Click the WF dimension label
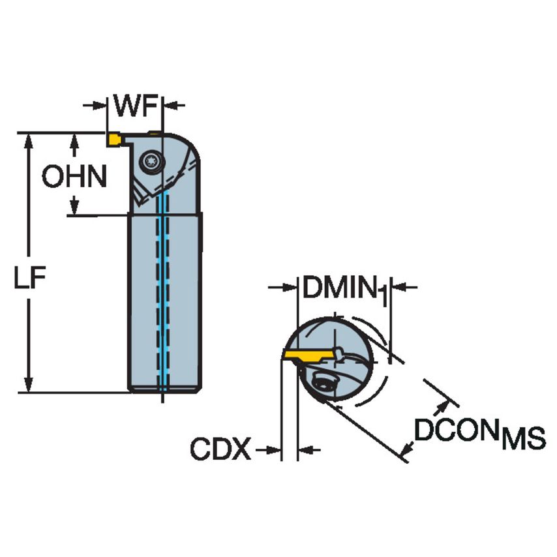[x=134, y=105]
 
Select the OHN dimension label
[x=74, y=176]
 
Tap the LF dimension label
[x=31, y=278]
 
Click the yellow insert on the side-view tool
[x=114, y=139]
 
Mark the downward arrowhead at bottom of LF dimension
[x=29, y=385]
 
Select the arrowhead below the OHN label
[x=75, y=206]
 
